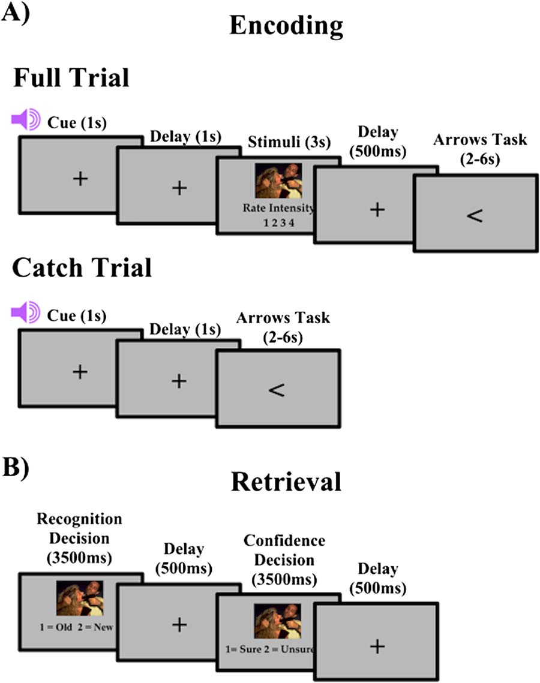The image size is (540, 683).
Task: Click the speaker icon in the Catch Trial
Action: pyautogui.click(x=25, y=311)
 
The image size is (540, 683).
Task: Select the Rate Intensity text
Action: pyautogui.click(x=278, y=209)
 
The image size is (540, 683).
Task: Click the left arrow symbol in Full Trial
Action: pyautogui.click(x=474, y=216)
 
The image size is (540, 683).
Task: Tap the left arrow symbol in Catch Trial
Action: pyautogui.click(x=276, y=389)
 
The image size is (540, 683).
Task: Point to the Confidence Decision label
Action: pyautogui.click(x=284, y=558)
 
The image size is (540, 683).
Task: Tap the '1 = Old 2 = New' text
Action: pyautogui.click(x=80, y=628)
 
